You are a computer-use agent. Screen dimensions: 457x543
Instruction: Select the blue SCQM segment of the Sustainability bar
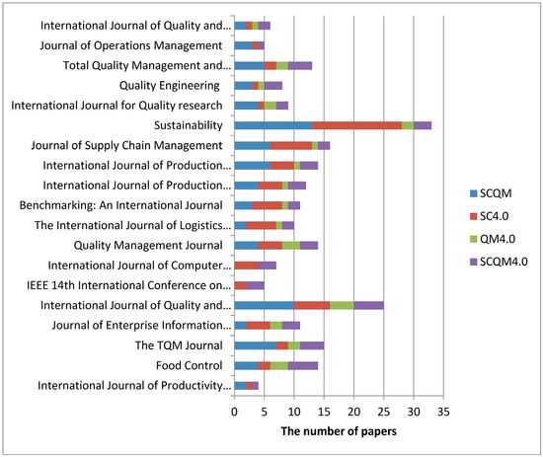pos(272,125)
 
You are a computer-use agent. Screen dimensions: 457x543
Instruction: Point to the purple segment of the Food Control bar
pos(303,365)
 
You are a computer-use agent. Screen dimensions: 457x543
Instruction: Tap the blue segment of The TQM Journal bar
pos(255,345)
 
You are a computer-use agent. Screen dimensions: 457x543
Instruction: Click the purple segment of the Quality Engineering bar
pos(273,86)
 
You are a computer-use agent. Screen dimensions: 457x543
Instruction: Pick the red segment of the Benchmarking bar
pos(267,205)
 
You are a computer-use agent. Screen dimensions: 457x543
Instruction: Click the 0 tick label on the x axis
pos(234,411)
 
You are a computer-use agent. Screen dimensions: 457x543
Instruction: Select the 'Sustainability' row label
pos(191,125)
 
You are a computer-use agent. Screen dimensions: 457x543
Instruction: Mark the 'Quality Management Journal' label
pos(150,245)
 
